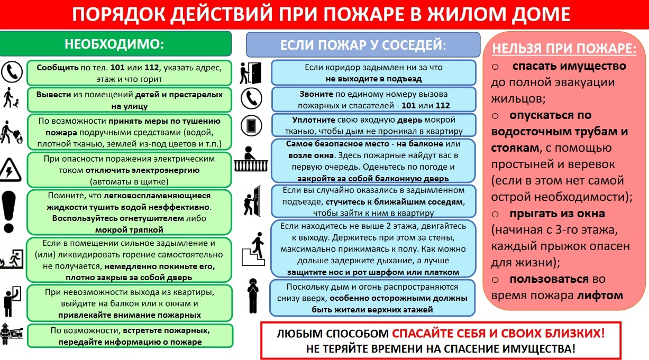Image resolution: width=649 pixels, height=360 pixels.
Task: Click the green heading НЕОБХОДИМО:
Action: coord(114,44)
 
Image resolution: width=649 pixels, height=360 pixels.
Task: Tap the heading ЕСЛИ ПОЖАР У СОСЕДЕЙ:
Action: coord(363,45)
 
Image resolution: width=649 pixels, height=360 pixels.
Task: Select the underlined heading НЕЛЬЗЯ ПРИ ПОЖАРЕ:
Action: coord(564,48)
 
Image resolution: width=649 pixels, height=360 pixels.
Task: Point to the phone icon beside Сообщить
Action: coord(12,72)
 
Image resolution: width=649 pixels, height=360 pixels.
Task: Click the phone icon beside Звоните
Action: coord(251,98)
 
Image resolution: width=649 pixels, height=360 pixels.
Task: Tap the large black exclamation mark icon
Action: coord(8,211)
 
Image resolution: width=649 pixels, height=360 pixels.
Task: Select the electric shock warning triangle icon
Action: coord(10,170)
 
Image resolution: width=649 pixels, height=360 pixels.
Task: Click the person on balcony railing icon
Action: coord(251,159)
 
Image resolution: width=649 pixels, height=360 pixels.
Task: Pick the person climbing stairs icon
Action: coord(254,249)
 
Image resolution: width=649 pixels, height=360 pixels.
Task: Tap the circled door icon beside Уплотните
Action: coord(251,126)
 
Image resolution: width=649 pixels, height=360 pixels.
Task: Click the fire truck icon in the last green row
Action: coord(12,335)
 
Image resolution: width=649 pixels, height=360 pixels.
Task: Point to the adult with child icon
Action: coord(11,98)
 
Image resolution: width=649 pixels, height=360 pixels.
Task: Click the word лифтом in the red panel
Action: coord(600,296)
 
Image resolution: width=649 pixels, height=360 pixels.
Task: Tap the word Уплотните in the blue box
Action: coord(314,120)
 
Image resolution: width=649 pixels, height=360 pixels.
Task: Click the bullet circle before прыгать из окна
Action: coord(495,214)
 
